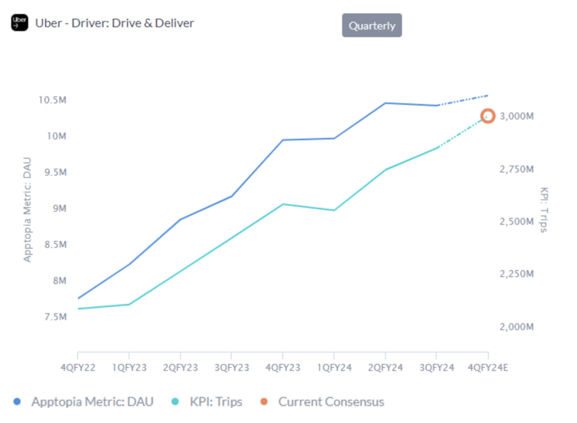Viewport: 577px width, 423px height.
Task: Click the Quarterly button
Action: pos(372,25)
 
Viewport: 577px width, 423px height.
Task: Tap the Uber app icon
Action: pos(19,23)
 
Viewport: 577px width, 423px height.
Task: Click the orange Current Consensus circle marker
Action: pos(488,116)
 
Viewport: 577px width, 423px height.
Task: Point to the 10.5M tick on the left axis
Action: pos(52,100)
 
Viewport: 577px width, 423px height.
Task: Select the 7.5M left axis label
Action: pos(55,317)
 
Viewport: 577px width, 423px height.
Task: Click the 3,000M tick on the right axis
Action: pos(516,116)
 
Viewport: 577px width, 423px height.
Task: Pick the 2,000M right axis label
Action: pos(516,327)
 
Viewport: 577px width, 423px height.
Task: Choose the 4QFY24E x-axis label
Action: pos(488,368)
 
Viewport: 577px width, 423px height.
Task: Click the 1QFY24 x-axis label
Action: pos(334,368)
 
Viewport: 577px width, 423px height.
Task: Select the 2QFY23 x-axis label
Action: pos(180,368)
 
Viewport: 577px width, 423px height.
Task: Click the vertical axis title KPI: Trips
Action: pos(544,209)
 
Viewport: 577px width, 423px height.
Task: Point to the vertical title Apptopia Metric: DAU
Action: pos(28,209)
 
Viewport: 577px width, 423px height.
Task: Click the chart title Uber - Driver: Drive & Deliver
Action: pos(114,23)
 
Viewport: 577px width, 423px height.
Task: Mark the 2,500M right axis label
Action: pos(516,222)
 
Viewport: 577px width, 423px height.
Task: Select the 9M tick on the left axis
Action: pos(60,209)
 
